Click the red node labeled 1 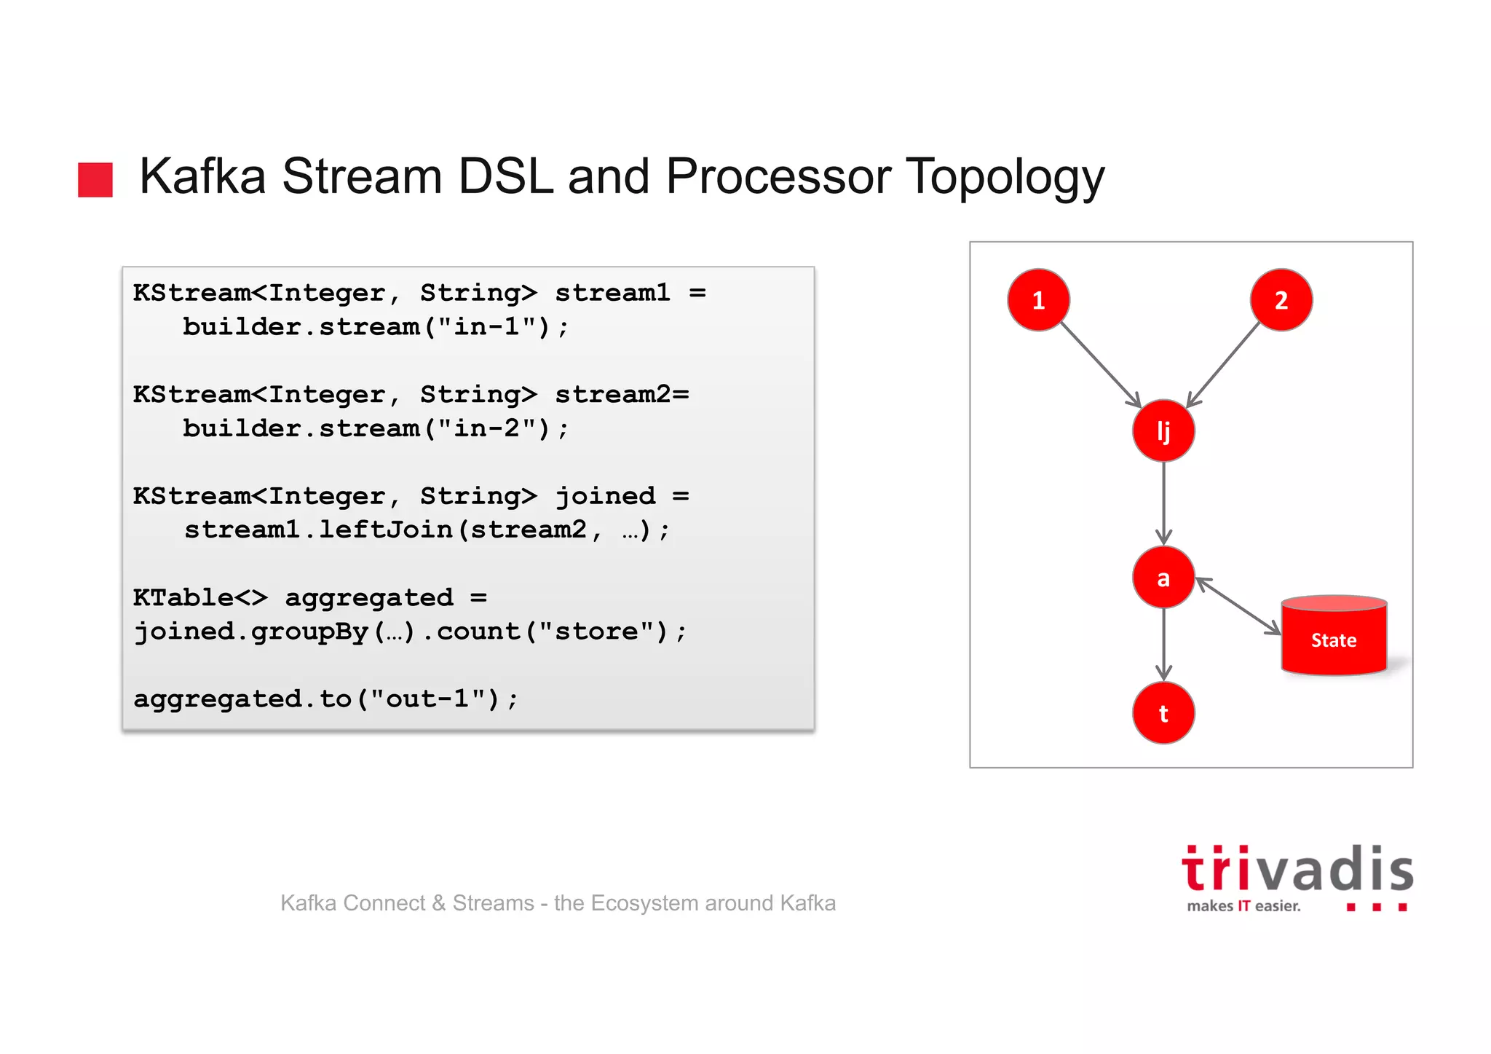click(1038, 300)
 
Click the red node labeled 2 click(1281, 300)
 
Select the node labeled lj click(1163, 430)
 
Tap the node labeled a click(1163, 578)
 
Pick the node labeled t click(1163, 713)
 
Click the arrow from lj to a click(1163, 503)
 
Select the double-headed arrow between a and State click(1238, 606)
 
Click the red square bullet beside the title click(95, 180)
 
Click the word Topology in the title click(1005, 177)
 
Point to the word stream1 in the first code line click(612, 293)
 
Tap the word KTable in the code click(183, 597)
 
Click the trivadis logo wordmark click(1297, 870)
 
